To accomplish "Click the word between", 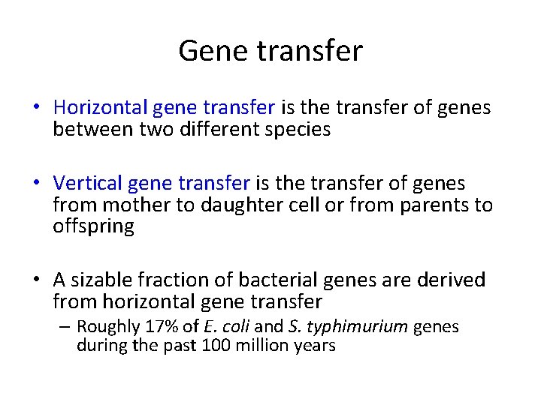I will pos(89,130).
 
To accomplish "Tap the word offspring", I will pos(93,226).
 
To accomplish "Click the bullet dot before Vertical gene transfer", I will pos(36,184).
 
